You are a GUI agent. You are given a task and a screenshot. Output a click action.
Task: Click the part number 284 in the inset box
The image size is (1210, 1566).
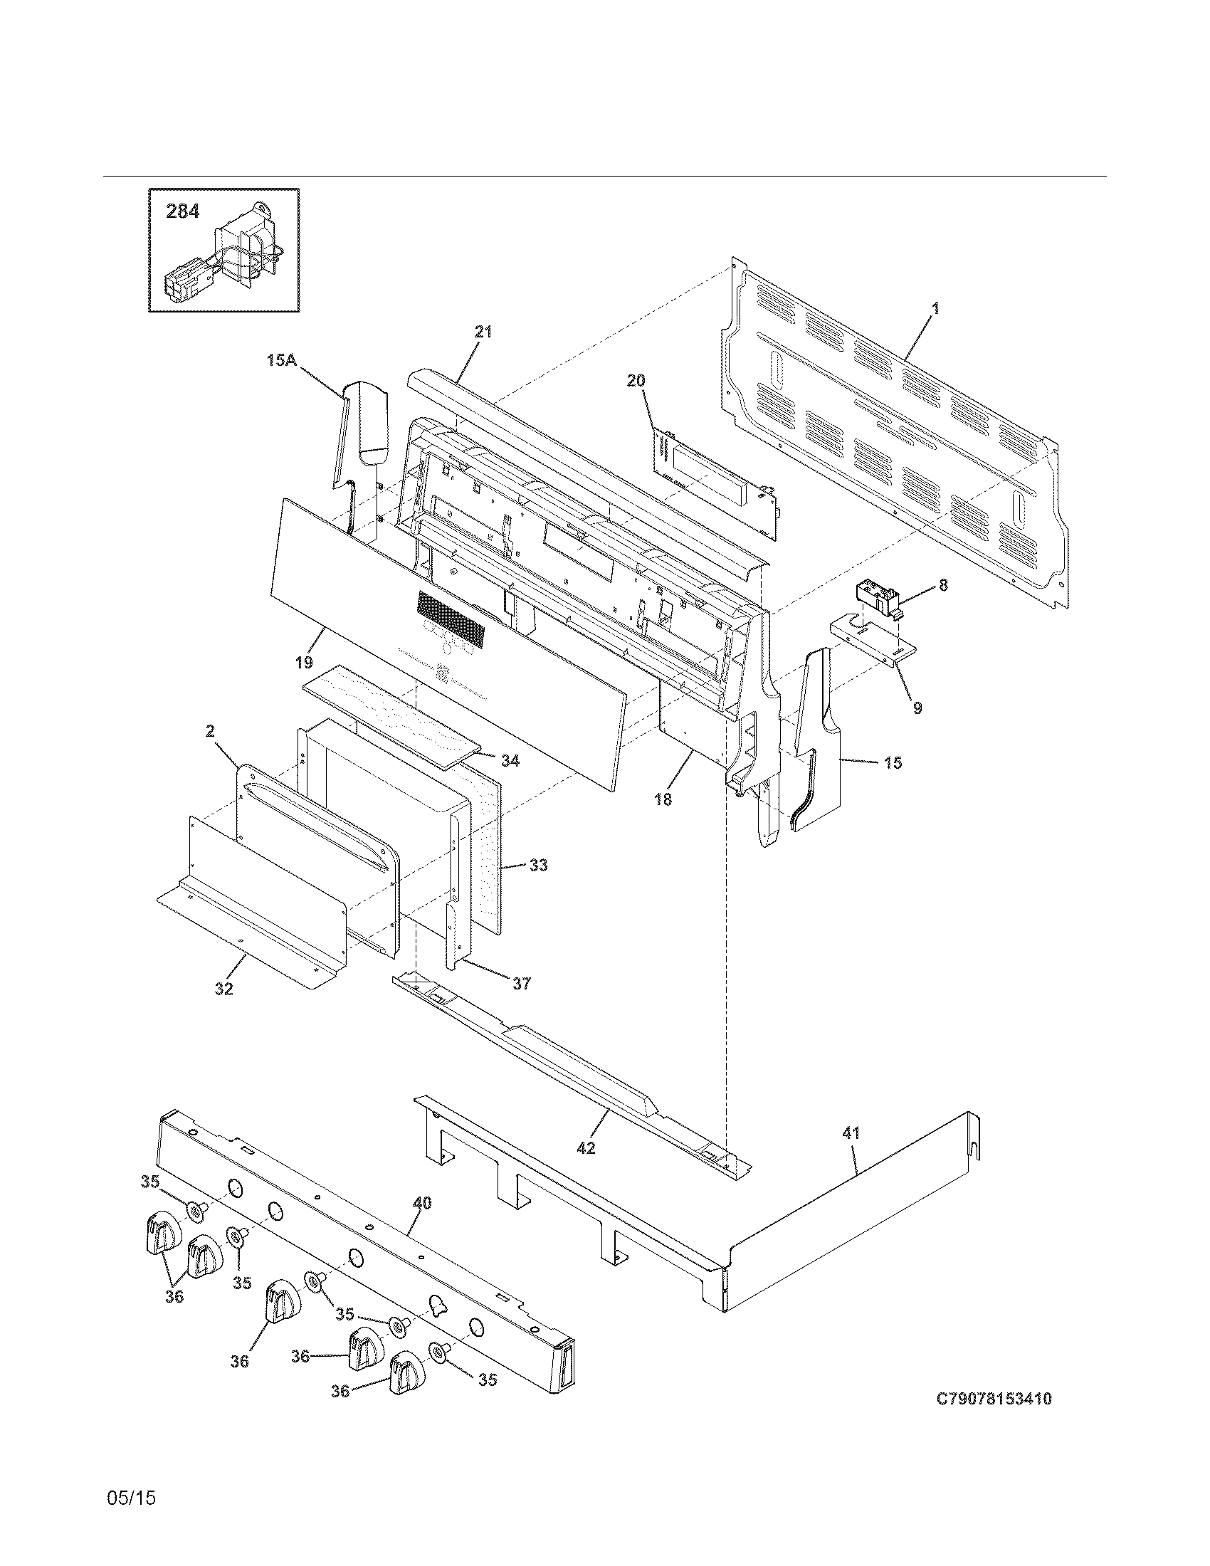[183, 211]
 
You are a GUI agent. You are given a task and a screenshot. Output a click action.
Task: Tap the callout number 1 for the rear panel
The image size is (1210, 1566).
[935, 308]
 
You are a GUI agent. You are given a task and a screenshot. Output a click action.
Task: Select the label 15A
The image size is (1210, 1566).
[282, 361]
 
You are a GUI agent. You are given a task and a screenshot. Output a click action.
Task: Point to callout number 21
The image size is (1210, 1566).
[483, 332]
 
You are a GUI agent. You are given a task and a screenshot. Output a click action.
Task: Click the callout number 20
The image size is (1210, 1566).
[636, 381]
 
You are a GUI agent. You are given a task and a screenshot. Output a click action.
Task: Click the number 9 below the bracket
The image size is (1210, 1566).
[917, 708]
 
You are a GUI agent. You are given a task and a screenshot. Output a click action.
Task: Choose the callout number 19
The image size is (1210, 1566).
[304, 662]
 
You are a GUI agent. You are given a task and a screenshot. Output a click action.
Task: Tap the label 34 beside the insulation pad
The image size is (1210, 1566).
[510, 761]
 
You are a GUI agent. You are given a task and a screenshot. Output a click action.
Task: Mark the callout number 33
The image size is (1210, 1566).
[537, 866]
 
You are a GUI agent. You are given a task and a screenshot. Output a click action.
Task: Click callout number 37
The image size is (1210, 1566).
[521, 984]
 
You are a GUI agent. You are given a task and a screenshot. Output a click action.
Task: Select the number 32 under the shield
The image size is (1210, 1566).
[223, 989]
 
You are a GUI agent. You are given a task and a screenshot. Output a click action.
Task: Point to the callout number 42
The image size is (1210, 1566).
[586, 1148]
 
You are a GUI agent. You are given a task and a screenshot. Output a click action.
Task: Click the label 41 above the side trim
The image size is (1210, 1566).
[851, 1133]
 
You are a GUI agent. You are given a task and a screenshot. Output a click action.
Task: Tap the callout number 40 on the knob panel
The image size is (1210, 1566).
[422, 1203]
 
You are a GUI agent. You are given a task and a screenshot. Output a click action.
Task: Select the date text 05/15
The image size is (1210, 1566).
[131, 1498]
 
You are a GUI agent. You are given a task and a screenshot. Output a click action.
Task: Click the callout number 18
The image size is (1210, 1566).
[663, 799]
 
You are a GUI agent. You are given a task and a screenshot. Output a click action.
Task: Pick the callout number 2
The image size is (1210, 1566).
[209, 730]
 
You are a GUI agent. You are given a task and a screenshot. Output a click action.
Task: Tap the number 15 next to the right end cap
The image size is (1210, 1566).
[893, 763]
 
